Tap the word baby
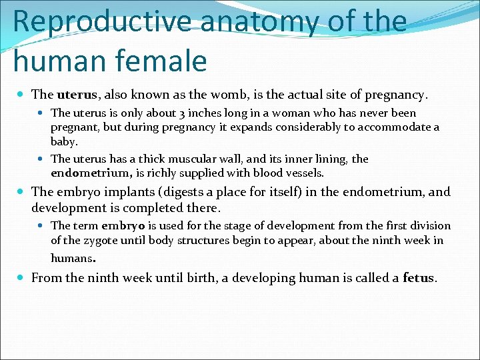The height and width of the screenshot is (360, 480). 63,141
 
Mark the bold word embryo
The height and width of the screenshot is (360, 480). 119,226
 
